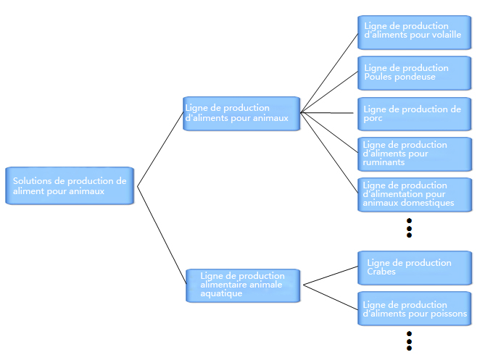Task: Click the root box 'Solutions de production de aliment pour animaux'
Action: click(x=70, y=185)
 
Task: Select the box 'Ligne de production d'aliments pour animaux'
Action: click(x=241, y=114)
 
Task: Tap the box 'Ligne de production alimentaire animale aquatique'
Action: click(x=243, y=285)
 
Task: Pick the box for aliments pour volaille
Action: click(x=415, y=33)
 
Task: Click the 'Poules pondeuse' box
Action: click(x=415, y=73)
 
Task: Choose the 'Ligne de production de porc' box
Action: click(x=415, y=114)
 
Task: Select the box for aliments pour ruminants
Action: click(x=415, y=154)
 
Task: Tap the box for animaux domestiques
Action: click(x=415, y=195)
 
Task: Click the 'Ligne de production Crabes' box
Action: click(x=415, y=268)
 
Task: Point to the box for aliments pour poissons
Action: click(x=415, y=309)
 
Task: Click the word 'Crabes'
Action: click(x=381, y=272)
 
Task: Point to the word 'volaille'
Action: click(x=447, y=35)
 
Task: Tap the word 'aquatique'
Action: click(x=221, y=293)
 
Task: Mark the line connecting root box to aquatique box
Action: click(x=162, y=235)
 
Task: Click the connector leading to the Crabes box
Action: click(x=331, y=275)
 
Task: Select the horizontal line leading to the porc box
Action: click(x=327, y=113)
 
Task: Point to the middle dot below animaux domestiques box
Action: click(x=409, y=228)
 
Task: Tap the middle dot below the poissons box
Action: click(x=409, y=341)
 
